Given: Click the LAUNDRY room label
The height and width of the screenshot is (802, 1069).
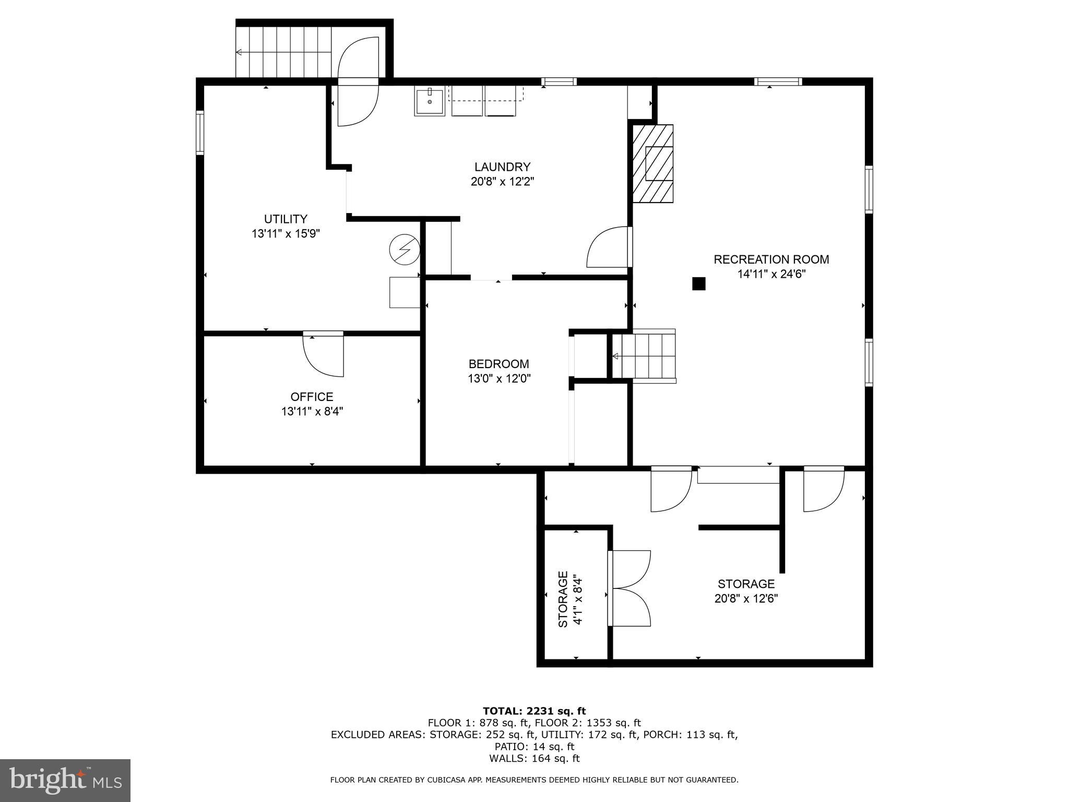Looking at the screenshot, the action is [x=502, y=167].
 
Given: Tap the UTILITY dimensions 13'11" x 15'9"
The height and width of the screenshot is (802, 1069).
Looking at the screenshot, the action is [x=286, y=233].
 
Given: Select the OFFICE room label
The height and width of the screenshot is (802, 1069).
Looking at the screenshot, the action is [x=312, y=397].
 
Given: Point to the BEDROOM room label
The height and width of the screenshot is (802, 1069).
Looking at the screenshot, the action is [x=498, y=364].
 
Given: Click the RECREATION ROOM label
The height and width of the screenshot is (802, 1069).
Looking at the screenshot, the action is [x=771, y=260].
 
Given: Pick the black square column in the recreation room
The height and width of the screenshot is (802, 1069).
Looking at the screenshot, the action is [x=698, y=284].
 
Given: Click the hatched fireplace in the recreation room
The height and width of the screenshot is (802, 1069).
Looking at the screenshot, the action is [x=653, y=163].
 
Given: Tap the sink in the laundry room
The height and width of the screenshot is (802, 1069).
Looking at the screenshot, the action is [x=429, y=102].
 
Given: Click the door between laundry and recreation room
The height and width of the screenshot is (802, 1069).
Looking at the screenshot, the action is [x=610, y=247].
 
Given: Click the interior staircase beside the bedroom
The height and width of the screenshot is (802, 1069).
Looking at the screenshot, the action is [x=644, y=356].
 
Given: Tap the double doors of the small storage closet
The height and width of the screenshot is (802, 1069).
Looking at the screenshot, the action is [x=630, y=588].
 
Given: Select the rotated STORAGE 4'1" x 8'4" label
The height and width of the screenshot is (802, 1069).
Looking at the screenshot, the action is [x=569, y=599].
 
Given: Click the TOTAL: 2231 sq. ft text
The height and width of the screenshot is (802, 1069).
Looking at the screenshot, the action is [x=534, y=711].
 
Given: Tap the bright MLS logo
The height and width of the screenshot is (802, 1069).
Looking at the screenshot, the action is [x=65, y=780].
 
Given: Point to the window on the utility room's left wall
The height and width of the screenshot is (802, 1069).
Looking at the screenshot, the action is [x=200, y=132].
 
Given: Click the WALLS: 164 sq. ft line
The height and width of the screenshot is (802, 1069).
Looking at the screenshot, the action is [x=534, y=759].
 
